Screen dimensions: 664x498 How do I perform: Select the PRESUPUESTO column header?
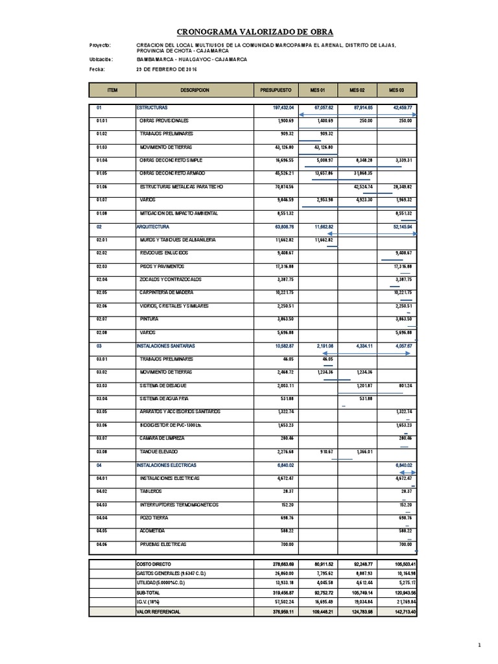tap(276, 90)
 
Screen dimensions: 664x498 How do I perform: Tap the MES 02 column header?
tap(357, 90)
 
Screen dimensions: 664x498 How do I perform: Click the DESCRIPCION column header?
tap(195, 90)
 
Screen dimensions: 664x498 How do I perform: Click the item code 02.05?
tap(101, 293)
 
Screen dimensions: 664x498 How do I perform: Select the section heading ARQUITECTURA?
tap(153, 227)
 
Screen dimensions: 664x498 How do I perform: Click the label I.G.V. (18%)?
tap(148, 602)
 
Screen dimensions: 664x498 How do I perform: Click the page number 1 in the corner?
tap(479, 644)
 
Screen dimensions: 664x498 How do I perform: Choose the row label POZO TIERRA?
tap(154, 517)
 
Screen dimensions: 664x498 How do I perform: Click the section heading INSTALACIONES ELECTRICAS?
tap(166, 465)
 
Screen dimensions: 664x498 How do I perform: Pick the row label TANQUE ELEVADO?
tap(158, 451)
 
